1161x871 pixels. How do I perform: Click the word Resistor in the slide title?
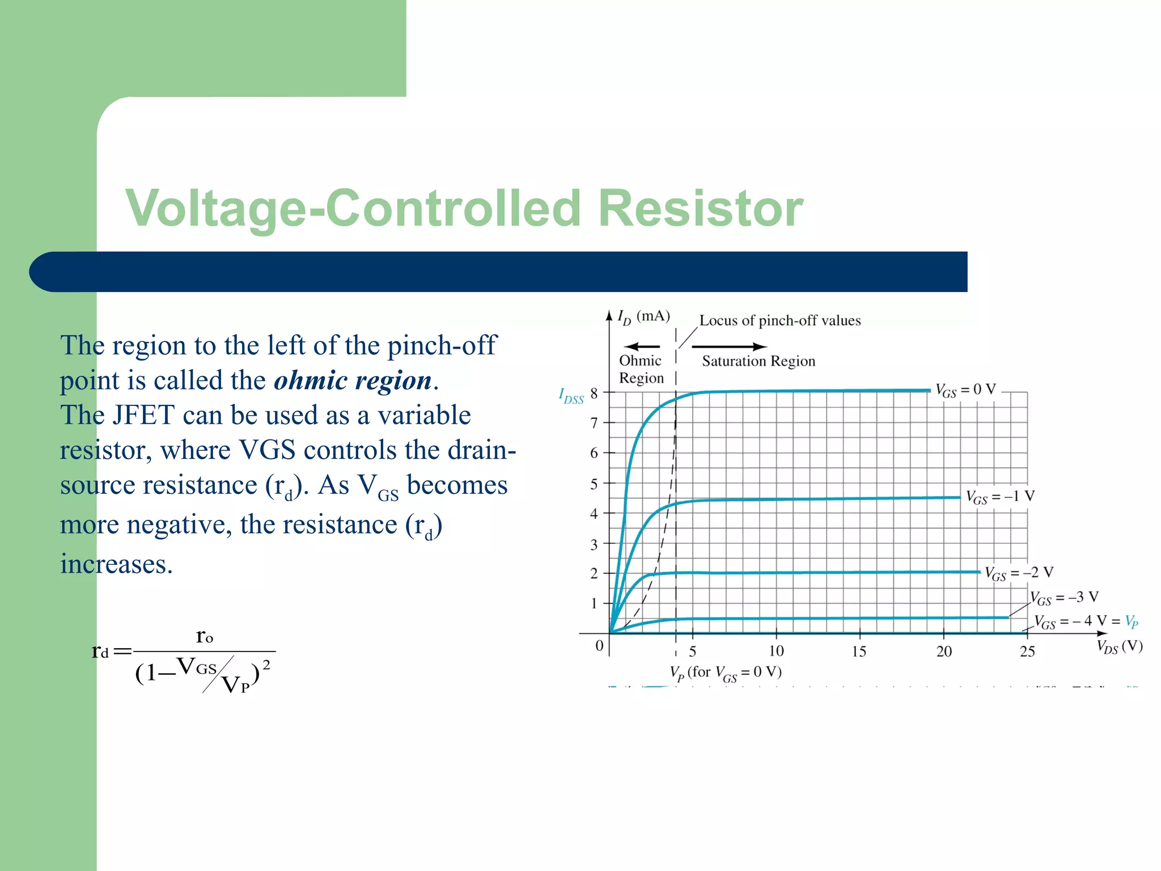pyautogui.click(x=701, y=208)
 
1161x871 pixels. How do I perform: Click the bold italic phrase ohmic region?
pyautogui.click(x=353, y=380)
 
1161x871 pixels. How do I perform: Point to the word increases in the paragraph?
pyautogui.click(x=116, y=564)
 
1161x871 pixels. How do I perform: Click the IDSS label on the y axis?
pyautogui.click(x=571, y=395)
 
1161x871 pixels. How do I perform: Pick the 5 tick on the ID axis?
pyautogui.click(x=594, y=484)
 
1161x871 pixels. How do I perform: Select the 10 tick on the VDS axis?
pyautogui.click(x=776, y=651)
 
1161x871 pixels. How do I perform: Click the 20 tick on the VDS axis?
pyautogui.click(x=944, y=651)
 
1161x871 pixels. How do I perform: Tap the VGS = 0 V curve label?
pyautogui.click(x=965, y=390)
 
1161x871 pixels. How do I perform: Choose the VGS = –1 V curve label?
pyautogui.click(x=1001, y=497)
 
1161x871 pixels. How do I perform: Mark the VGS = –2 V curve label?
pyautogui.click(x=1019, y=573)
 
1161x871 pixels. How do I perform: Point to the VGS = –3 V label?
pyautogui.click(x=1064, y=597)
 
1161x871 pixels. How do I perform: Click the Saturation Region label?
pyautogui.click(x=759, y=361)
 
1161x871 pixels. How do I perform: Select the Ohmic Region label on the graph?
pyautogui.click(x=641, y=369)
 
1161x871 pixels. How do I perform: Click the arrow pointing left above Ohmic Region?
pyautogui.click(x=641, y=346)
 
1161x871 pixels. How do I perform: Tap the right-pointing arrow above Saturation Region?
pyautogui.click(x=730, y=346)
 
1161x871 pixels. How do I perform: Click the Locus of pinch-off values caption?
pyautogui.click(x=780, y=320)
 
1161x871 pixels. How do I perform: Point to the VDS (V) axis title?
pyautogui.click(x=1120, y=646)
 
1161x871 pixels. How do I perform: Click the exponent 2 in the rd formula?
pyautogui.click(x=266, y=665)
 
